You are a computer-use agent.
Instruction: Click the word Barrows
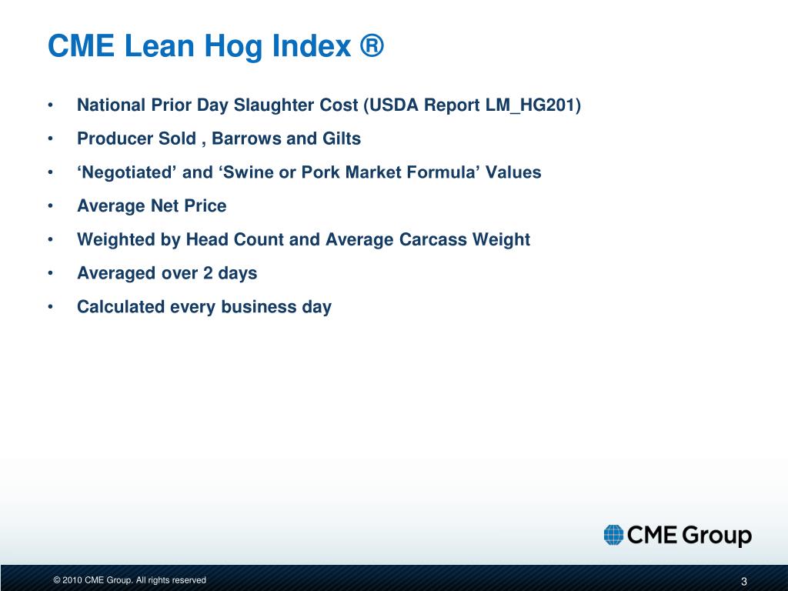tap(246, 139)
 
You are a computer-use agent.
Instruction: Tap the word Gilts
tap(341, 139)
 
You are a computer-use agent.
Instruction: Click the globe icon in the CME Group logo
tap(613, 535)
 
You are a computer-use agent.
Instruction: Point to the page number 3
tap(744, 581)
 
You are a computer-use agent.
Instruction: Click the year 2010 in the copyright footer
tap(72, 580)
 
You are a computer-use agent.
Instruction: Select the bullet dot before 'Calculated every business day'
tap(49, 307)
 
